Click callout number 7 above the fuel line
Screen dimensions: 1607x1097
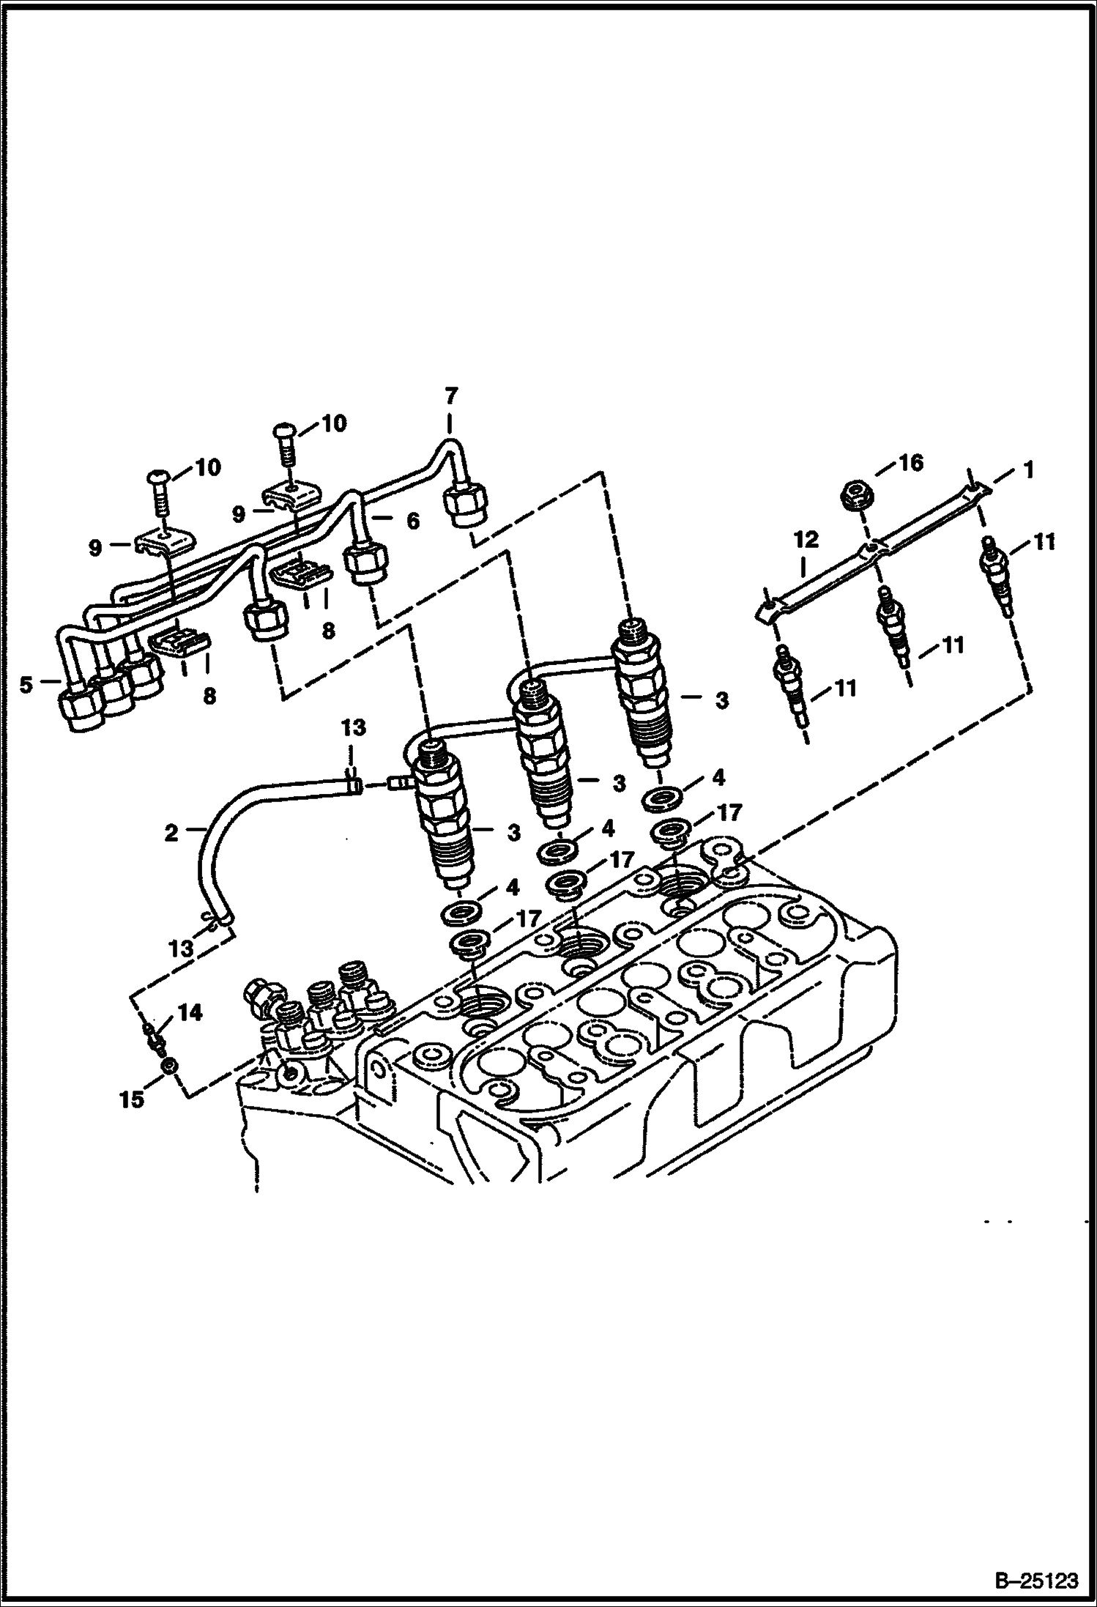[450, 396]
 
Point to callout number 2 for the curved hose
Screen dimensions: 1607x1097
[171, 832]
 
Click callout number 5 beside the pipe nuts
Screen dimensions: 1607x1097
[26, 686]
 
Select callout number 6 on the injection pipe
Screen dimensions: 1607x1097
[412, 521]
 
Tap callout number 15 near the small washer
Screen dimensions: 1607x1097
[133, 1099]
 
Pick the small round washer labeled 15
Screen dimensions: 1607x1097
[168, 1066]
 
